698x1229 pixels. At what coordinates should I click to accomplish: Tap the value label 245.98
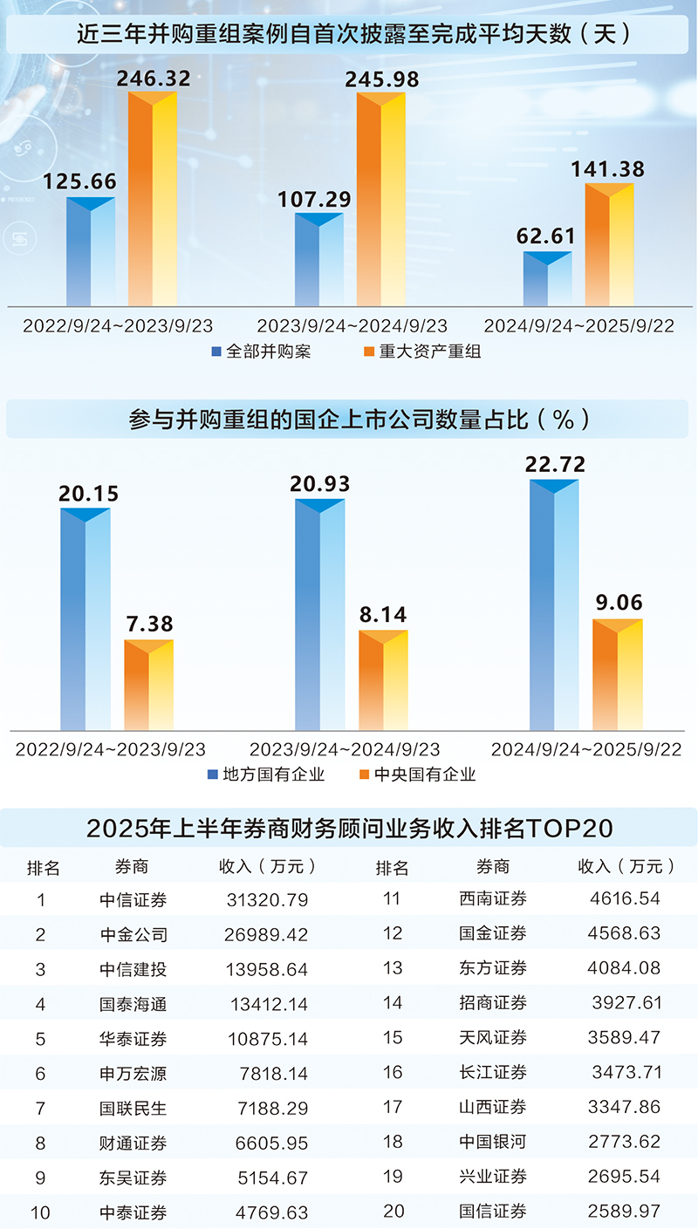(x=381, y=79)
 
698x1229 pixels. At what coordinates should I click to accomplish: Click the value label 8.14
(x=382, y=615)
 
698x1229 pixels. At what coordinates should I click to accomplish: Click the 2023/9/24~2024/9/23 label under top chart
(x=352, y=326)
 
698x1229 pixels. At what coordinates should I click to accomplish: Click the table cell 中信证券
(x=133, y=899)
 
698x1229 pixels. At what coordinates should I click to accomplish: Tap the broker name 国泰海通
(x=133, y=1004)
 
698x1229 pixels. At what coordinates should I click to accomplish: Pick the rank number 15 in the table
(x=393, y=1038)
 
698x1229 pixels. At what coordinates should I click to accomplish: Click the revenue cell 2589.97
(x=625, y=1212)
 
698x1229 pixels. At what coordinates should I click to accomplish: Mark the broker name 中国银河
(x=493, y=1142)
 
